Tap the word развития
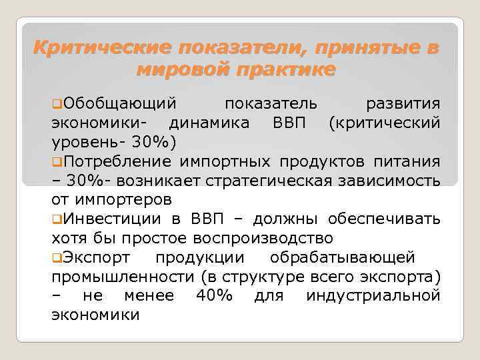[403, 104]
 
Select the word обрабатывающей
[343, 257]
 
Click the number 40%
[215, 295]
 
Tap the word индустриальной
[373, 295]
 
